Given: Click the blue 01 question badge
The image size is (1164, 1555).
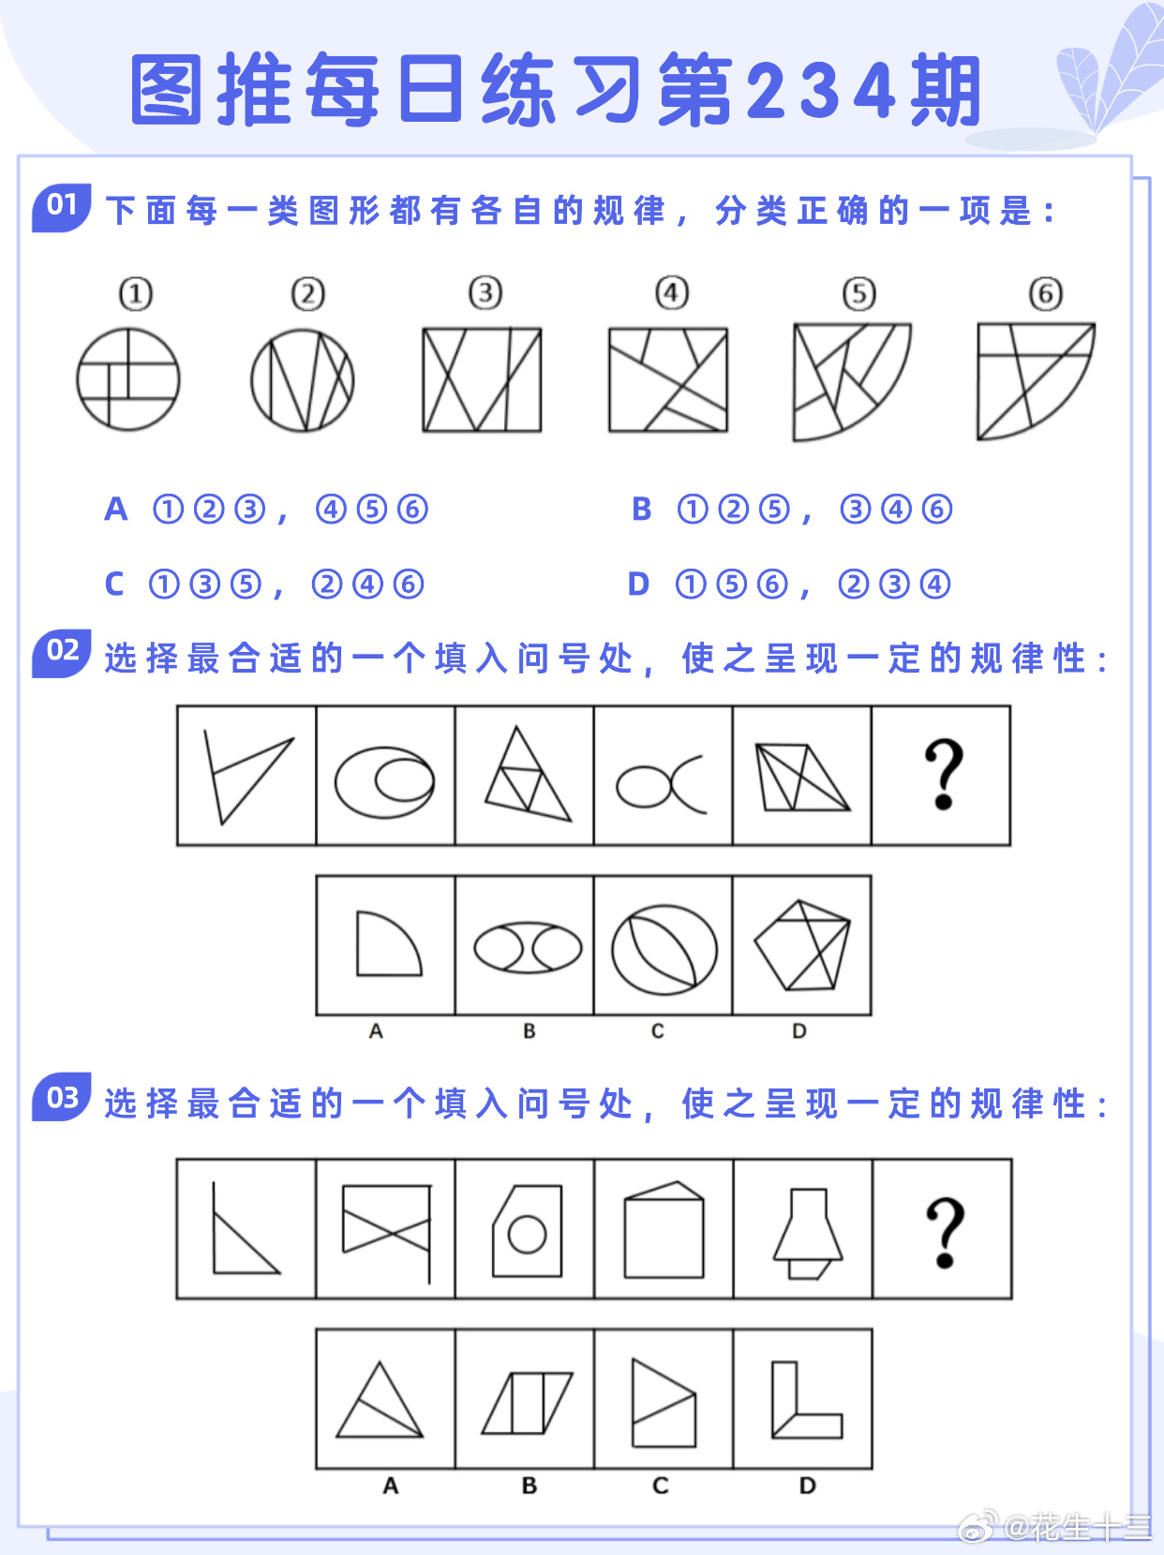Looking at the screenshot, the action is pos(62,208).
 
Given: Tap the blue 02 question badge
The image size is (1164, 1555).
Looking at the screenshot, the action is pos(62,653).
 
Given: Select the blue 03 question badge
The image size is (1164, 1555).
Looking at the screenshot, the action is pos(62,1097).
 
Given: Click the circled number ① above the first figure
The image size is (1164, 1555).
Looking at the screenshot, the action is pos(135,294).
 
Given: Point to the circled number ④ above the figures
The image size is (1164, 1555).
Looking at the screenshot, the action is pos(672,292).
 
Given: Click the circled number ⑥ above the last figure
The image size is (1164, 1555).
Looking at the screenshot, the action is pos(1046,294).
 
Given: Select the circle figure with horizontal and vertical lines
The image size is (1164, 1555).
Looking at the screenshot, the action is pos(128,379).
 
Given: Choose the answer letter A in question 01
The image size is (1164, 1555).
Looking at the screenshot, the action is pos(116,510).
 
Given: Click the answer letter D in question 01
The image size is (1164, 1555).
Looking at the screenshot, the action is pos(638,585).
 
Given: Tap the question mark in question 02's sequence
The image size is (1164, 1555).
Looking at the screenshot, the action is pos(944,774).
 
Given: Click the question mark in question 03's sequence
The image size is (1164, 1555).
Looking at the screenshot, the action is pos(945,1233).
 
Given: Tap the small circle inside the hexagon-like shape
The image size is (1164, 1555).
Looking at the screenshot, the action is pos(527,1235).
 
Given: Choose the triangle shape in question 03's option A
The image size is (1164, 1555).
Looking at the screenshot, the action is pos(380,1399).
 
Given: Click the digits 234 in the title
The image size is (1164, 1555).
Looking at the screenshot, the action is pos(821,90).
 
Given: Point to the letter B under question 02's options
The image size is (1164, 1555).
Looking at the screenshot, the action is pos(530,1031).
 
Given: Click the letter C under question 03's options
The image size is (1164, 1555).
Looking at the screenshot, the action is pos(661,1486).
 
